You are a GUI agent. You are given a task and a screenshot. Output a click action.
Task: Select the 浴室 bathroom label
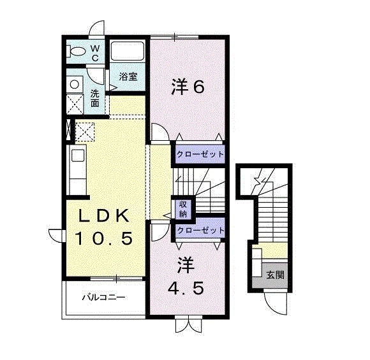(128, 76)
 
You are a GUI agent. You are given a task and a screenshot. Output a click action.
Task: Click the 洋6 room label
(188, 87)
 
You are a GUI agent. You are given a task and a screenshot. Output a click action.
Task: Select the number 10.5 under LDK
(104, 239)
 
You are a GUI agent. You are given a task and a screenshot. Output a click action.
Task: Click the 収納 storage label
(182, 209)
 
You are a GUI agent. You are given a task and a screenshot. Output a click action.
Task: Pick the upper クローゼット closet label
(200, 154)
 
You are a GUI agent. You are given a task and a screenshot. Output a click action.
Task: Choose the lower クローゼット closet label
(200, 229)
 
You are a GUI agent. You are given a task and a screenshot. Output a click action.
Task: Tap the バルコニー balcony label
(103, 297)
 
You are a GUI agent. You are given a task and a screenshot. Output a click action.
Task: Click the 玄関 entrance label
(276, 275)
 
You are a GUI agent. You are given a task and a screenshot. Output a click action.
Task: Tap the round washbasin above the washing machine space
(75, 83)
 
